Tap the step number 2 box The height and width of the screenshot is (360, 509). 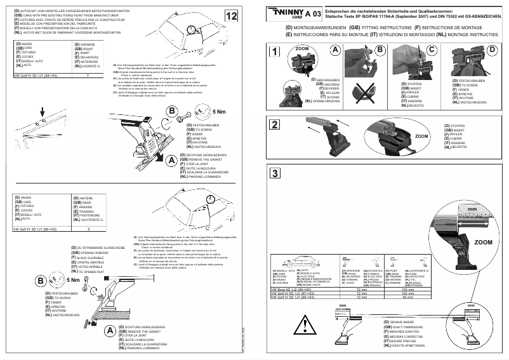click(274, 124)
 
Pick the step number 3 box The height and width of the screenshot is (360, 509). click(274, 173)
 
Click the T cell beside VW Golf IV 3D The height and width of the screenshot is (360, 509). click(88, 74)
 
